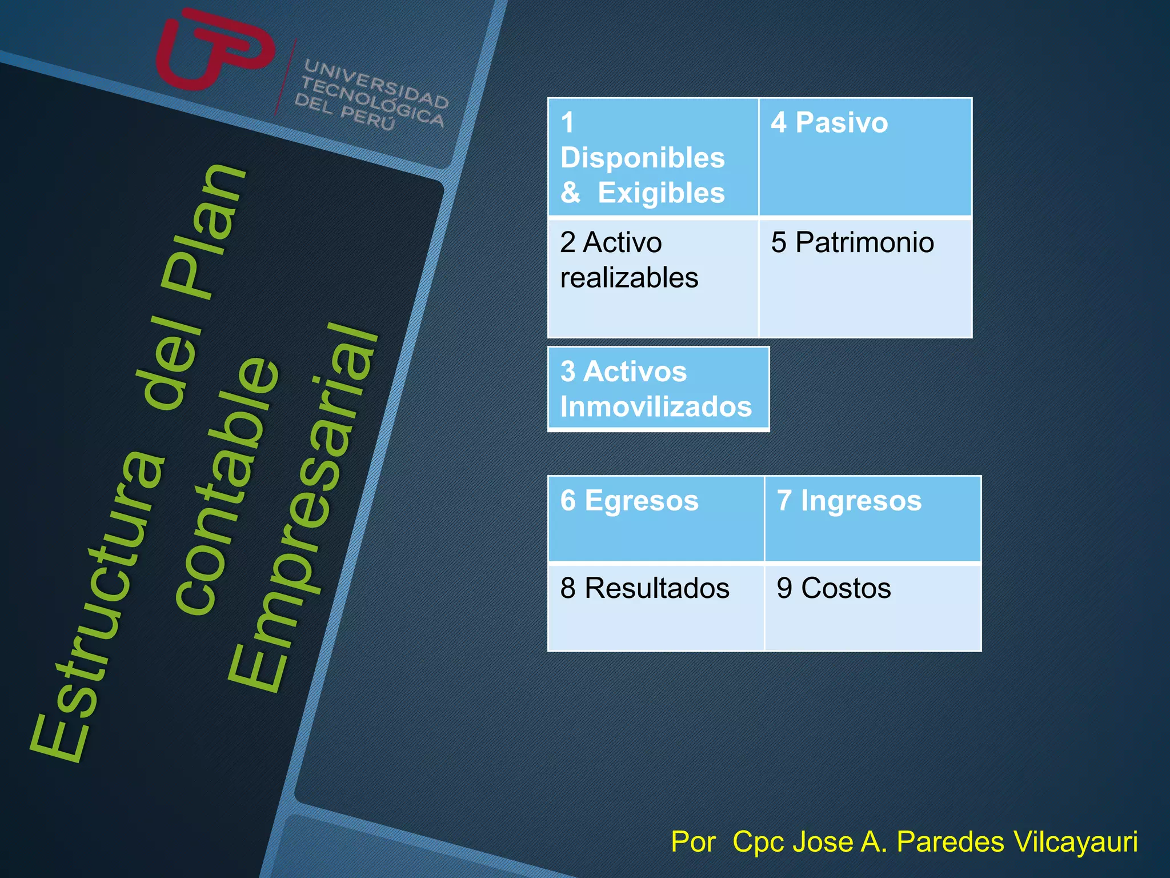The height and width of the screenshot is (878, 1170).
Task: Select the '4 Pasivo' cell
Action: (x=865, y=157)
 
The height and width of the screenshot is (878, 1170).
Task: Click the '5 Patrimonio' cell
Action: (x=865, y=277)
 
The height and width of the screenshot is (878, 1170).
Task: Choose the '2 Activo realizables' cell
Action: (x=652, y=277)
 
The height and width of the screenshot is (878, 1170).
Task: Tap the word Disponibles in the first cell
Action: (x=642, y=158)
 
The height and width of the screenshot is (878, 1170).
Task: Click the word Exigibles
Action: (x=661, y=193)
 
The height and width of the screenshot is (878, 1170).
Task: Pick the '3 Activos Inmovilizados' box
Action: (x=658, y=389)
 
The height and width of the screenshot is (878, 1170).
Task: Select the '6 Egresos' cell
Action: (x=655, y=518)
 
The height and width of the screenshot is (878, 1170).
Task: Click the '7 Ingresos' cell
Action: (x=872, y=518)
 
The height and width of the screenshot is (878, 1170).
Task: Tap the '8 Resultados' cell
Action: (x=655, y=606)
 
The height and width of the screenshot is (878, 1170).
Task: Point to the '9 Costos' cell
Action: (x=872, y=606)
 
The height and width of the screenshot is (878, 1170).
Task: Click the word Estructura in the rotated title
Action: (x=97, y=606)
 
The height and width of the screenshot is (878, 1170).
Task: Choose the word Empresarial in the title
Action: (x=303, y=509)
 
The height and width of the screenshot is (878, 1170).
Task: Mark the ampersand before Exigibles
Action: (x=570, y=193)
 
